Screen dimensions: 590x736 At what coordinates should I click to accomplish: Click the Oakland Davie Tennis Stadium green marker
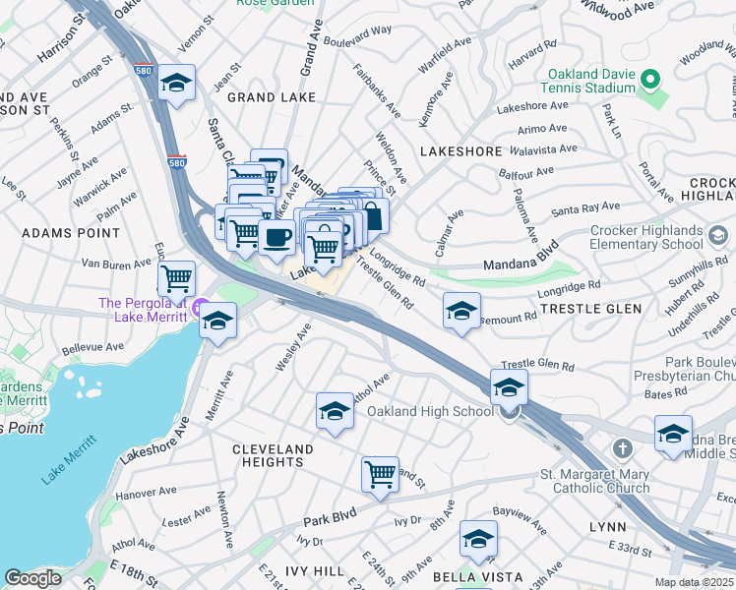[649, 79]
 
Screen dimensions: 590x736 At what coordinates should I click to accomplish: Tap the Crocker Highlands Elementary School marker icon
[717, 235]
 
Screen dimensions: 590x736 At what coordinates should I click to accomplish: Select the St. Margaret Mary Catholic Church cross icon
[622, 449]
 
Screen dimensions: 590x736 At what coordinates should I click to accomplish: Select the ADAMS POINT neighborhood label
[71, 234]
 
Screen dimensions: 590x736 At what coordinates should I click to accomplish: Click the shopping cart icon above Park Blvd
[380, 474]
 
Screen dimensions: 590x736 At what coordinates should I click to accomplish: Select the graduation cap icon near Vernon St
[177, 83]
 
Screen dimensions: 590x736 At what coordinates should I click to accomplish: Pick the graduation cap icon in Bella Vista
[478, 539]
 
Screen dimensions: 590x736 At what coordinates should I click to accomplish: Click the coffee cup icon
[276, 237]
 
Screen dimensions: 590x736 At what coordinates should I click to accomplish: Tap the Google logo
[32, 578]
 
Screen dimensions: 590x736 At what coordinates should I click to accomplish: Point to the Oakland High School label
[430, 411]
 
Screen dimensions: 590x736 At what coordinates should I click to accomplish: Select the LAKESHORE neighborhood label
[460, 152]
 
